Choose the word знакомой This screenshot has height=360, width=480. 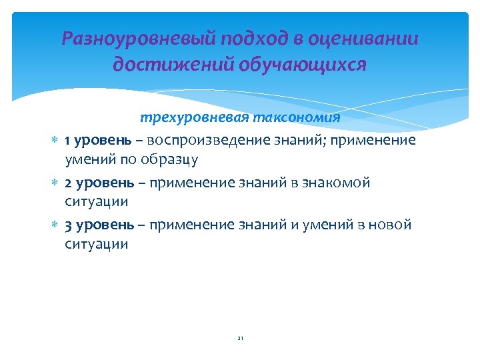click(x=339, y=183)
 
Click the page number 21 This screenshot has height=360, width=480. click(x=240, y=339)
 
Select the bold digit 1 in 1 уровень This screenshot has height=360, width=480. click(x=67, y=141)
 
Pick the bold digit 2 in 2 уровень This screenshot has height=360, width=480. click(x=68, y=183)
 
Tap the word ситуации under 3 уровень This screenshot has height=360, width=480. click(x=96, y=244)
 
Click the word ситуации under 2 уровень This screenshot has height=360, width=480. click(x=96, y=201)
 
